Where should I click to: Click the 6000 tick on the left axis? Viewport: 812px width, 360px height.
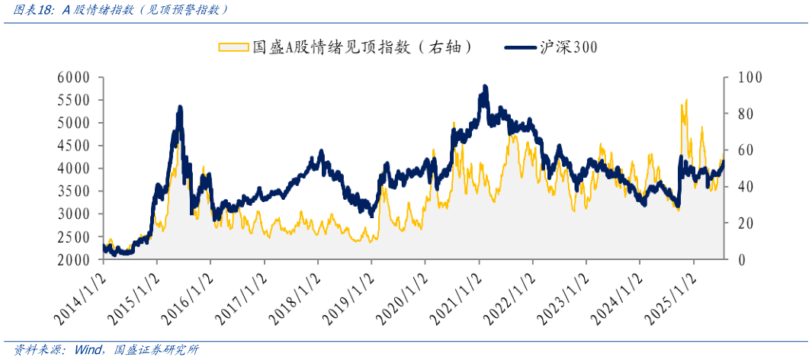(x=74, y=78)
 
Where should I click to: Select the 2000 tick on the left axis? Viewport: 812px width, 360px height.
(x=74, y=260)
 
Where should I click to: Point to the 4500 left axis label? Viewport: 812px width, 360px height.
(x=74, y=146)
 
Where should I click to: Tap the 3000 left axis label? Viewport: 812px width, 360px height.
(x=74, y=214)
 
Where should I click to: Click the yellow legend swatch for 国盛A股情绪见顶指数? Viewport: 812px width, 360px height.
(x=233, y=47)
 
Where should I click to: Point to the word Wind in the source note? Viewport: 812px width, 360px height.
(x=89, y=351)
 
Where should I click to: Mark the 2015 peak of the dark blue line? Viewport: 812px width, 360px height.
(x=180, y=108)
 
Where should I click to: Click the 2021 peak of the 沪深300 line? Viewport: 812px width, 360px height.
(x=485, y=87)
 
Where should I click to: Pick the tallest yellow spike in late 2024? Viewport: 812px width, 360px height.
(x=686, y=99)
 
